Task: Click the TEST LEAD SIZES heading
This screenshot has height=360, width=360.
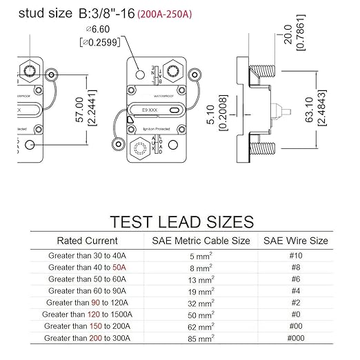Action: (181, 221)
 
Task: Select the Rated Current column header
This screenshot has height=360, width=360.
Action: (87, 241)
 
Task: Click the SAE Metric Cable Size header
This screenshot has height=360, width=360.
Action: (201, 241)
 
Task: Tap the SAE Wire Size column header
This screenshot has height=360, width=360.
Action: (296, 241)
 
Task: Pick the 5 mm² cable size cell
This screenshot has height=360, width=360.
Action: (201, 254)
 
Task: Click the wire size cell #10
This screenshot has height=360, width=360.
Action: (296, 255)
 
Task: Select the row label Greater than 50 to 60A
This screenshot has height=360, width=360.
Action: (88, 279)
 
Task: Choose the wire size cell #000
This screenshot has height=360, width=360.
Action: (296, 338)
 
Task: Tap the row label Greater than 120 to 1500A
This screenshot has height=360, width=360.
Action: (88, 314)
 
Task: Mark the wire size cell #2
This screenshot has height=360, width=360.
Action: (296, 302)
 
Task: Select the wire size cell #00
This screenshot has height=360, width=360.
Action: (296, 326)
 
